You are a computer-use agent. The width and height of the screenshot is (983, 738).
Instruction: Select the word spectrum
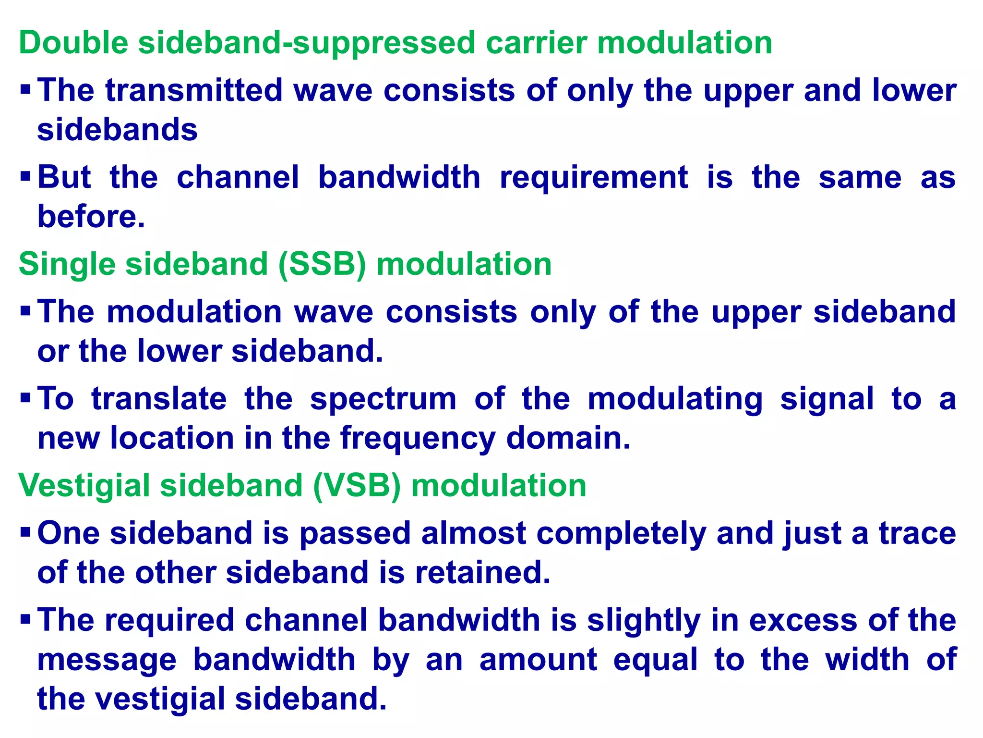[383, 399]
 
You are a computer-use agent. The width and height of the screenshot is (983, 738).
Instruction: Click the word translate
[159, 399]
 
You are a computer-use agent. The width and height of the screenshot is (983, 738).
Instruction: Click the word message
[107, 660]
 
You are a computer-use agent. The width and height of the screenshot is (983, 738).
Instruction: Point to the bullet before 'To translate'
[25, 398]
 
